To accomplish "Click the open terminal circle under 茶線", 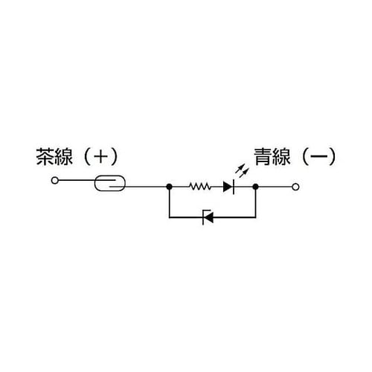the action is coord(55,180).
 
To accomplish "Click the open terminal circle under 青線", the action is coord(295,187).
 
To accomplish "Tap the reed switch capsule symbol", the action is coord(110,183).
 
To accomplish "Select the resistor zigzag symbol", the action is coord(200,187).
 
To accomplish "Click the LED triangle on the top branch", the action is coord(228,187).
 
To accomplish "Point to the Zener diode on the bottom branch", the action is coord(208,217).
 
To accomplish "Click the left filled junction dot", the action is coord(169,187).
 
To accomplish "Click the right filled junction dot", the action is coord(255,187).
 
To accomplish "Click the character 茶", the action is coord(45,156).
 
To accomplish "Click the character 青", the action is coord(263,156).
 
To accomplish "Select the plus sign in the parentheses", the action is coord(100,156).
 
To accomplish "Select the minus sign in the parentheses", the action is coord(318,156).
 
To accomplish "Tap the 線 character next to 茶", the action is coord(63,156).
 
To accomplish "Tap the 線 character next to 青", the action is coord(281,156).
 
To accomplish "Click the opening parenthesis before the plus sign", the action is coord(87,156).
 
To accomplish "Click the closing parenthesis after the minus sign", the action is coord(333,156).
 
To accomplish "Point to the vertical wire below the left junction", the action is coord(169,203).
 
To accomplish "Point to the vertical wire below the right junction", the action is coord(255,203).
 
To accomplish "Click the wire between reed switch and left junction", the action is coord(147,187).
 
